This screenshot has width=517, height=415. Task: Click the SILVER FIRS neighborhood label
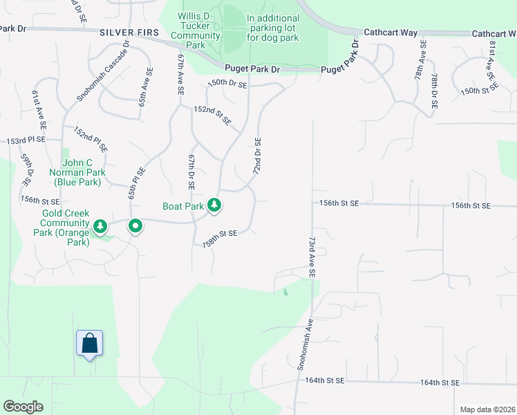coord(129,33)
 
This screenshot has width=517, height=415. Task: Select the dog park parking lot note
coord(273,28)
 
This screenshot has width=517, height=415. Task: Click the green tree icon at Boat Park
coord(215,205)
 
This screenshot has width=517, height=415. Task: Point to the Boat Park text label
coord(183,206)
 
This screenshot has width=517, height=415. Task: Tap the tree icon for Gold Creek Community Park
coord(100,226)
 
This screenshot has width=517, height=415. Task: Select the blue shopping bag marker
coord(90,343)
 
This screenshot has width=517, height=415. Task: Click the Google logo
coord(23,407)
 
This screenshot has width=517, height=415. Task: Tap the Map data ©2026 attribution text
coord(487,409)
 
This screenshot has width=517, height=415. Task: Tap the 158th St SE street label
coord(220,239)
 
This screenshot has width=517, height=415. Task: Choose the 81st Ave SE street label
coord(493,56)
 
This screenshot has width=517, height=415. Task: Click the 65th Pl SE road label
coord(136,183)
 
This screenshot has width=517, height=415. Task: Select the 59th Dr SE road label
coord(26,170)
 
